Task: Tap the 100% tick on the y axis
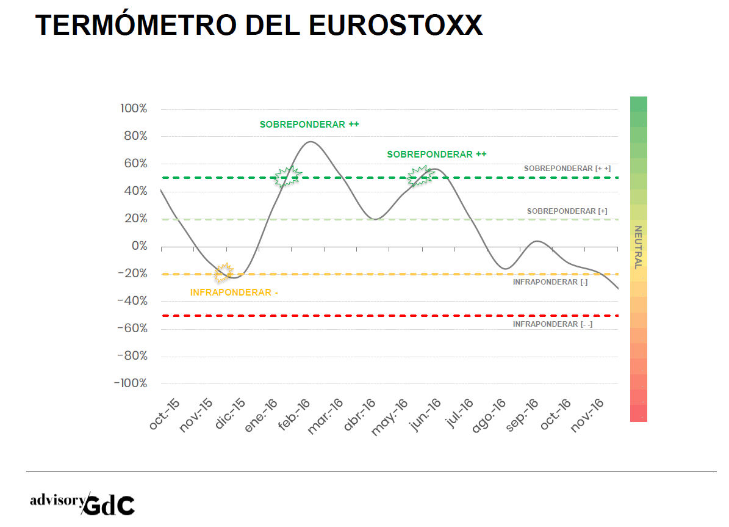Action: pyautogui.click(x=134, y=109)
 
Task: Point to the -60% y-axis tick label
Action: pyautogui.click(x=131, y=329)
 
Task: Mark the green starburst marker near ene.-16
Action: pyautogui.click(x=287, y=176)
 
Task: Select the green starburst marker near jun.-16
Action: pyautogui.click(x=421, y=176)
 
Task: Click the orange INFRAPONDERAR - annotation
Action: pyautogui.click(x=234, y=293)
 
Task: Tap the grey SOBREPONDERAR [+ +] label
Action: pyautogui.click(x=567, y=169)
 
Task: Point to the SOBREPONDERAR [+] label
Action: pyautogui.click(x=567, y=211)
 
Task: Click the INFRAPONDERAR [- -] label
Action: pyautogui.click(x=553, y=324)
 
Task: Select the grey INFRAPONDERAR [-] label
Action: pyautogui.click(x=550, y=282)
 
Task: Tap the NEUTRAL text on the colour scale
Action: pyautogui.click(x=638, y=247)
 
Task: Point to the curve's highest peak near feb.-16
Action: pyautogui.click(x=310, y=142)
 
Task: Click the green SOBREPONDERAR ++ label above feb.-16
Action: pyautogui.click(x=309, y=124)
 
